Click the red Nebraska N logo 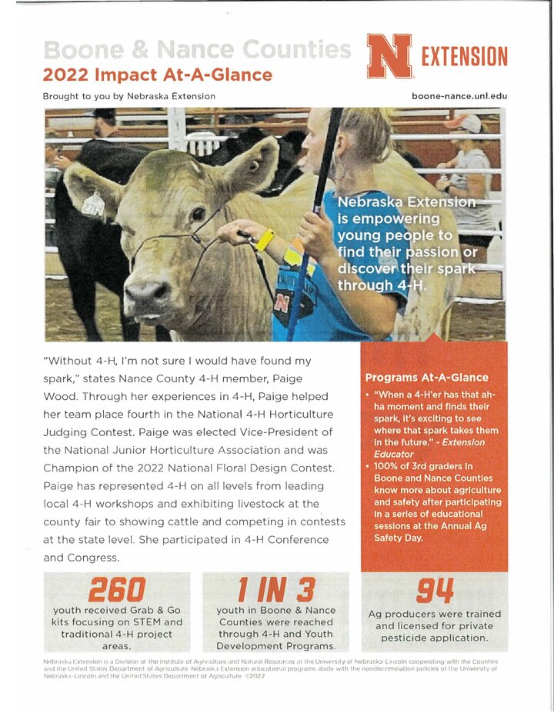point(389,56)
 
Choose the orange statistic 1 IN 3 point(275,590)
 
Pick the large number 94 point(434,591)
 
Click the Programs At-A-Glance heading point(426,378)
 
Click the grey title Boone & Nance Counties point(197,50)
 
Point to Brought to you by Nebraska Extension point(129,96)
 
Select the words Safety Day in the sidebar point(398,538)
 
